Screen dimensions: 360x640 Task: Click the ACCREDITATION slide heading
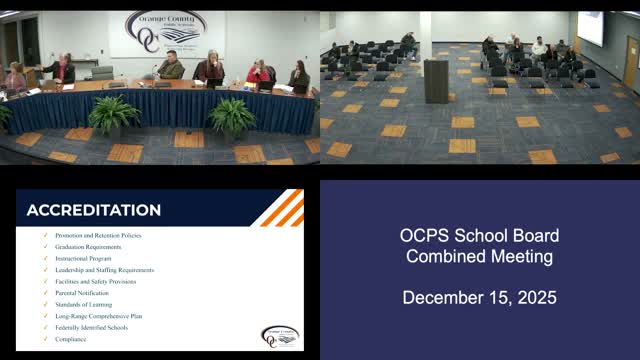[93, 210]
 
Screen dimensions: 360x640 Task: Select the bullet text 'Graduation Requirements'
[89, 246]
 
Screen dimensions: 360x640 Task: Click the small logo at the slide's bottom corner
[279, 336]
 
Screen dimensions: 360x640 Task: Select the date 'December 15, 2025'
[479, 298]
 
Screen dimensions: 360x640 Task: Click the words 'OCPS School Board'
[479, 236]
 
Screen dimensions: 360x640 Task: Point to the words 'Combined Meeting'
[479, 256]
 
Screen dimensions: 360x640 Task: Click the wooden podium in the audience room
[436, 80]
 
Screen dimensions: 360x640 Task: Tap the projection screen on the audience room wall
[591, 28]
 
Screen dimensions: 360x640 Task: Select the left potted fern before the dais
[114, 114]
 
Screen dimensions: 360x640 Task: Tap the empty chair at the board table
[101, 72]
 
